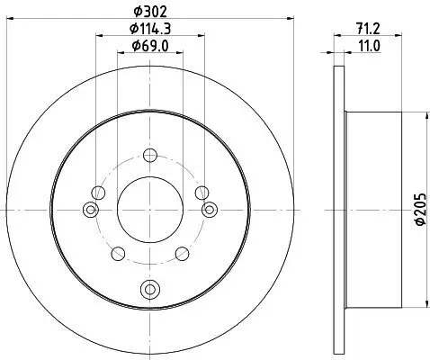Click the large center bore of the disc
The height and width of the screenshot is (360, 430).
(149, 207)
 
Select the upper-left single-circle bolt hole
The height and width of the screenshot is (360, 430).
(98, 192)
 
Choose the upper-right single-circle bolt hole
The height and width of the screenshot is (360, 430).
(202, 192)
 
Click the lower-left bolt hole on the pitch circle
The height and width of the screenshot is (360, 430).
(118, 252)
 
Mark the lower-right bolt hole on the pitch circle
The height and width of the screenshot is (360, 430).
(182, 252)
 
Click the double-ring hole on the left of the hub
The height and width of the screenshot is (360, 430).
(89, 210)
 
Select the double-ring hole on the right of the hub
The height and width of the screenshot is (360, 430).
(211, 210)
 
